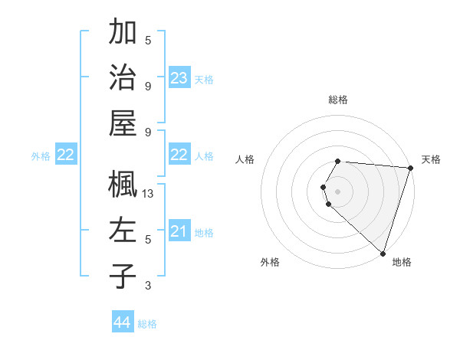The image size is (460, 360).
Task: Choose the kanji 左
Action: pos(123,230)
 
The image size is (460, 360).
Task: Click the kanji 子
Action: pos(123,276)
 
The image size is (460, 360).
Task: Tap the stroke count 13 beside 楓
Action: pos(149,194)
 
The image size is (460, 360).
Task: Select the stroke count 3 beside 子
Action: pos(148,286)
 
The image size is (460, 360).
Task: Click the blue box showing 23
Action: pos(179,78)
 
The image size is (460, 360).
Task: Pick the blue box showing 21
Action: pos(179,231)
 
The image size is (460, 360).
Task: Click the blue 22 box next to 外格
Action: pos(66,155)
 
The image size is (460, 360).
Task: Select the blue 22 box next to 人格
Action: pos(179,155)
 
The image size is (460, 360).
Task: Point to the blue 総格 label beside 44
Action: pos(147,324)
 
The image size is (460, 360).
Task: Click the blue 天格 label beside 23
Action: pos(204,80)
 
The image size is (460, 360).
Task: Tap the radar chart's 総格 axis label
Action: pos(337,100)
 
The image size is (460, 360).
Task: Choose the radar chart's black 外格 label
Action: pos(270,262)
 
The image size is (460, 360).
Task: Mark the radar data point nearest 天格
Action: pos(410,168)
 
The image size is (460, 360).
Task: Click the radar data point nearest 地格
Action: pos(383,253)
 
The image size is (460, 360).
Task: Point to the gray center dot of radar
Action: pos(337,191)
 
